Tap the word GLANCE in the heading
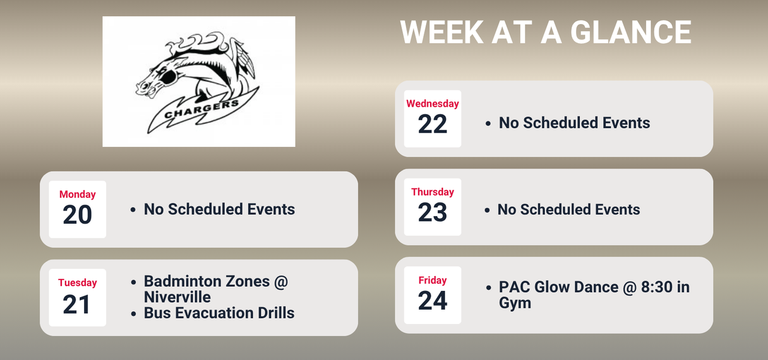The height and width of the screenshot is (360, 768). tap(631, 32)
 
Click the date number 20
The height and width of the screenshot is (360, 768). tap(77, 215)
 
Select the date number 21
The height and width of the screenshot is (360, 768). tap(77, 304)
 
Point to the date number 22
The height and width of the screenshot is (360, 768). tap(433, 124)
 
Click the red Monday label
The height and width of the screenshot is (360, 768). tap(77, 194)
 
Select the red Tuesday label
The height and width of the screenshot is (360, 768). tap(77, 283)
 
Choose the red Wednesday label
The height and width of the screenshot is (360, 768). tap(433, 103)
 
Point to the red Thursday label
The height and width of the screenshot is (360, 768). tap(433, 192)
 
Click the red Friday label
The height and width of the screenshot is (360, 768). tap(433, 280)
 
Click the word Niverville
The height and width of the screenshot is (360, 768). tap(177, 297)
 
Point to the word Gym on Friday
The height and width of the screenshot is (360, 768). tap(515, 302)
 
